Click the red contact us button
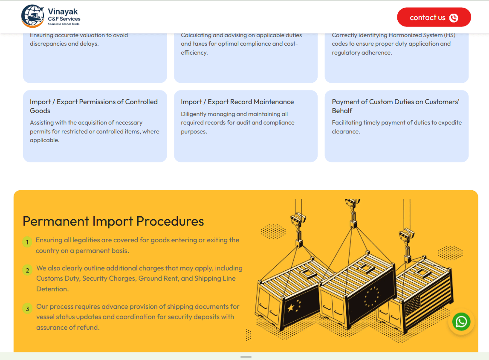tap(434, 17)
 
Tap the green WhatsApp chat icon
tap(461, 321)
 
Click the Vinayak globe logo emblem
tap(32, 16)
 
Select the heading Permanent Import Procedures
tap(113, 221)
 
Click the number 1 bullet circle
tap(27, 242)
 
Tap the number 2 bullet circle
tap(27, 270)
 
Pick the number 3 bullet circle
tap(27, 308)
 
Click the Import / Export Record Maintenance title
tap(237, 102)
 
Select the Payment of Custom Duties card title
tap(396, 106)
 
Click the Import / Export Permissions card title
tap(94, 106)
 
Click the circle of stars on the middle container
tap(371, 297)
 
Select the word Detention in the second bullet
tap(52, 289)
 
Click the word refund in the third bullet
tap(88, 327)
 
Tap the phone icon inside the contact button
tap(454, 18)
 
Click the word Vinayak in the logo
tap(63, 12)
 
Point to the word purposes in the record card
tap(194, 132)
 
